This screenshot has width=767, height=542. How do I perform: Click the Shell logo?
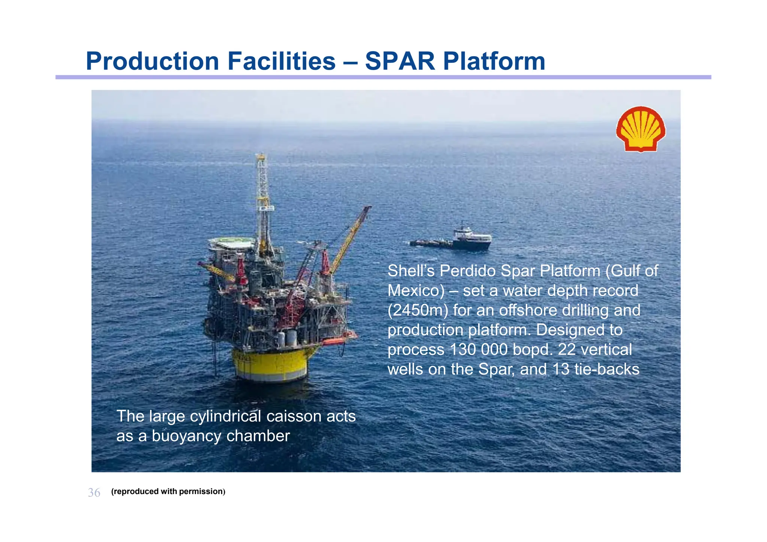click(640, 129)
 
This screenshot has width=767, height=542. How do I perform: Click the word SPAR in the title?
click(400, 61)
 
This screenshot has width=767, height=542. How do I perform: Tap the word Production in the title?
click(152, 61)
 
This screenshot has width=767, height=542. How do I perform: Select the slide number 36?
click(94, 493)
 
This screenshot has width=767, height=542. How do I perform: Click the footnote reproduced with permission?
click(168, 491)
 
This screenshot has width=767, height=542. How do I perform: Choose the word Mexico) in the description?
click(416, 290)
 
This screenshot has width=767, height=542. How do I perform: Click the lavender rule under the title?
click(383, 77)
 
